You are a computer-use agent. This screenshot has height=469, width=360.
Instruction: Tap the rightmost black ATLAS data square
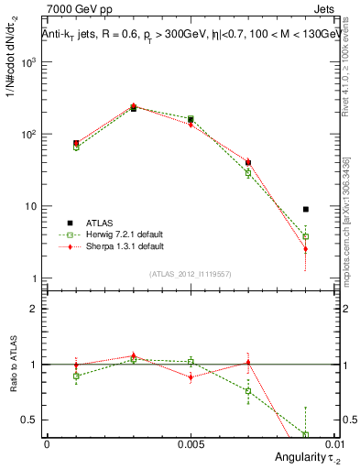(x=305, y=210)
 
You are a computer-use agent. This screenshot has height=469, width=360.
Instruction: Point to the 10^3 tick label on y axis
(x=29, y=62)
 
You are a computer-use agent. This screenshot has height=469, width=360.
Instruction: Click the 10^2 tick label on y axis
(x=29, y=135)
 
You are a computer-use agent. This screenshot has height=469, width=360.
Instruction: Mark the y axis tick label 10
(x=32, y=206)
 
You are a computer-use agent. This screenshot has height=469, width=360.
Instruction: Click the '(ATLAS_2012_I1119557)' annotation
(x=190, y=273)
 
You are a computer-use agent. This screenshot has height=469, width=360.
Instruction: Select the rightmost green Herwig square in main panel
(x=305, y=236)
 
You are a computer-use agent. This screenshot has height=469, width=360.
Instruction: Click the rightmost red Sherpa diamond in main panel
(x=305, y=249)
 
